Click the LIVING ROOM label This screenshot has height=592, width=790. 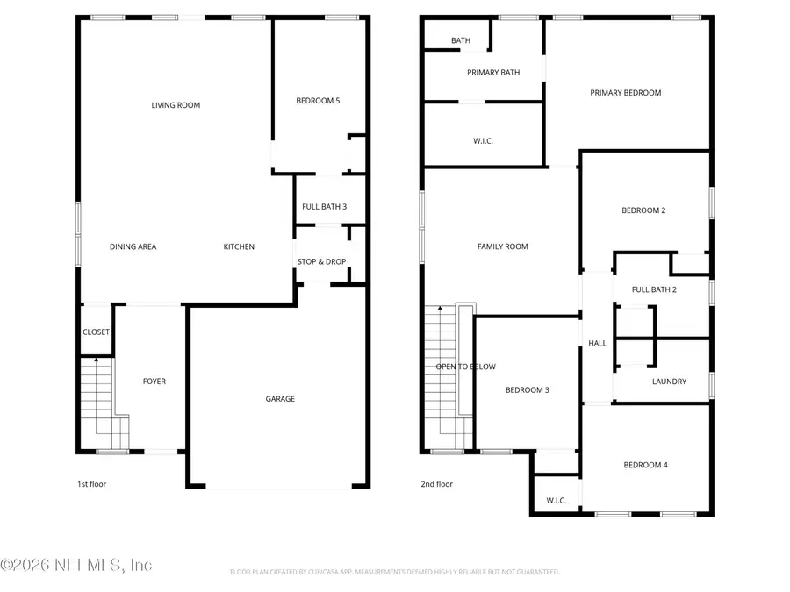click(176, 105)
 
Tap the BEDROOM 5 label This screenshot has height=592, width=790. click(318, 101)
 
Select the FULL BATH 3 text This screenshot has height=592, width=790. click(324, 207)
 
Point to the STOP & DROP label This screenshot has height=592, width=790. click(320, 261)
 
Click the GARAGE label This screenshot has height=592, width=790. click(280, 399)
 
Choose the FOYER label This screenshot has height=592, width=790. click(154, 382)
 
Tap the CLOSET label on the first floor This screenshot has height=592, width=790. click(96, 332)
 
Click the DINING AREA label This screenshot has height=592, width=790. click(133, 247)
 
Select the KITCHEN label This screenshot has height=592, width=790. click(239, 247)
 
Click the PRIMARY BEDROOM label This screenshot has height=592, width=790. click(625, 93)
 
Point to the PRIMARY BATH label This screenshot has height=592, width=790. click(493, 73)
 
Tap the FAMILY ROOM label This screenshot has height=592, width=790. click(502, 246)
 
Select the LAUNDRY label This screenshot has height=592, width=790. click(669, 382)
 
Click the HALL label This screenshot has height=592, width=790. click(598, 344)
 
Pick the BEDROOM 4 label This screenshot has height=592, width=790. click(645, 465)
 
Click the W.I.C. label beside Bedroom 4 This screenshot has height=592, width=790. click(556, 501)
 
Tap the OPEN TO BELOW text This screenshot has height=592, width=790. click(465, 367)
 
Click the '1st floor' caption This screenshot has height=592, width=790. click(91, 483)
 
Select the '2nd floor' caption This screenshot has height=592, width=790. click(436, 483)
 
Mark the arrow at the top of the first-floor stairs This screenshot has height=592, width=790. click(96, 360)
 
